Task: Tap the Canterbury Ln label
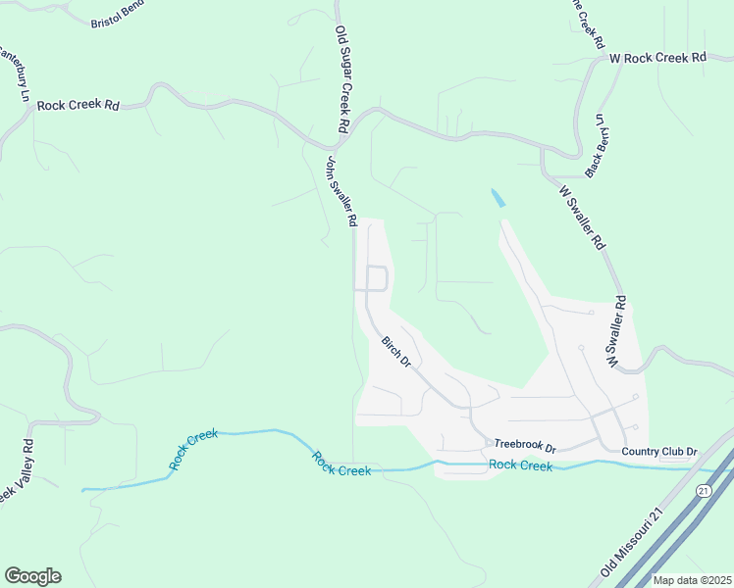pyautogui.click(x=15, y=70)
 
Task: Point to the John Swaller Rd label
pyautogui.click(x=341, y=191)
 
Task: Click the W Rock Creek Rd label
pyautogui.click(x=657, y=58)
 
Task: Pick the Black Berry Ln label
pyautogui.click(x=595, y=146)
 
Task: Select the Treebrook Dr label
pyautogui.click(x=524, y=444)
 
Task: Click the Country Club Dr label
pyautogui.click(x=659, y=452)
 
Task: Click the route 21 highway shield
pyautogui.click(x=704, y=489)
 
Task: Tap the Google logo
pyautogui.click(x=32, y=576)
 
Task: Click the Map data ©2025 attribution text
pyautogui.click(x=692, y=580)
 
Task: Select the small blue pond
pyautogui.click(x=498, y=197)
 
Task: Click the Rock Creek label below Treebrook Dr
pyautogui.click(x=521, y=465)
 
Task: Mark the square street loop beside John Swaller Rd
pyautogui.click(x=377, y=278)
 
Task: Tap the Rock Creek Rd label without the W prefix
pyautogui.click(x=78, y=104)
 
